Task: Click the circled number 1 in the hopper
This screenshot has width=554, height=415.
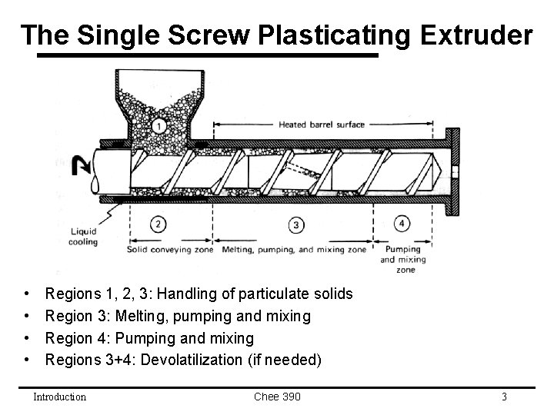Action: coord(159,125)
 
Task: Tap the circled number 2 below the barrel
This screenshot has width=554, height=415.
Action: coord(157,224)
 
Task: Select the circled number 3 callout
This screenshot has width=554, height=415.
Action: coord(296,224)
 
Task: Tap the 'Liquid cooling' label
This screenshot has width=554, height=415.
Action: coord(84,236)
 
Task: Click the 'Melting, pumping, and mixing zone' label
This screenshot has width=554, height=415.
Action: coord(295,250)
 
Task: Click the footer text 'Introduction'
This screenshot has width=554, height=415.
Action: coord(59,397)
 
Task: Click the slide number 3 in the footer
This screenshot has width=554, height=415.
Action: coord(504,397)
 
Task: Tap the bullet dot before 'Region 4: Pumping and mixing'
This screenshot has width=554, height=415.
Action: coord(27,338)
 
